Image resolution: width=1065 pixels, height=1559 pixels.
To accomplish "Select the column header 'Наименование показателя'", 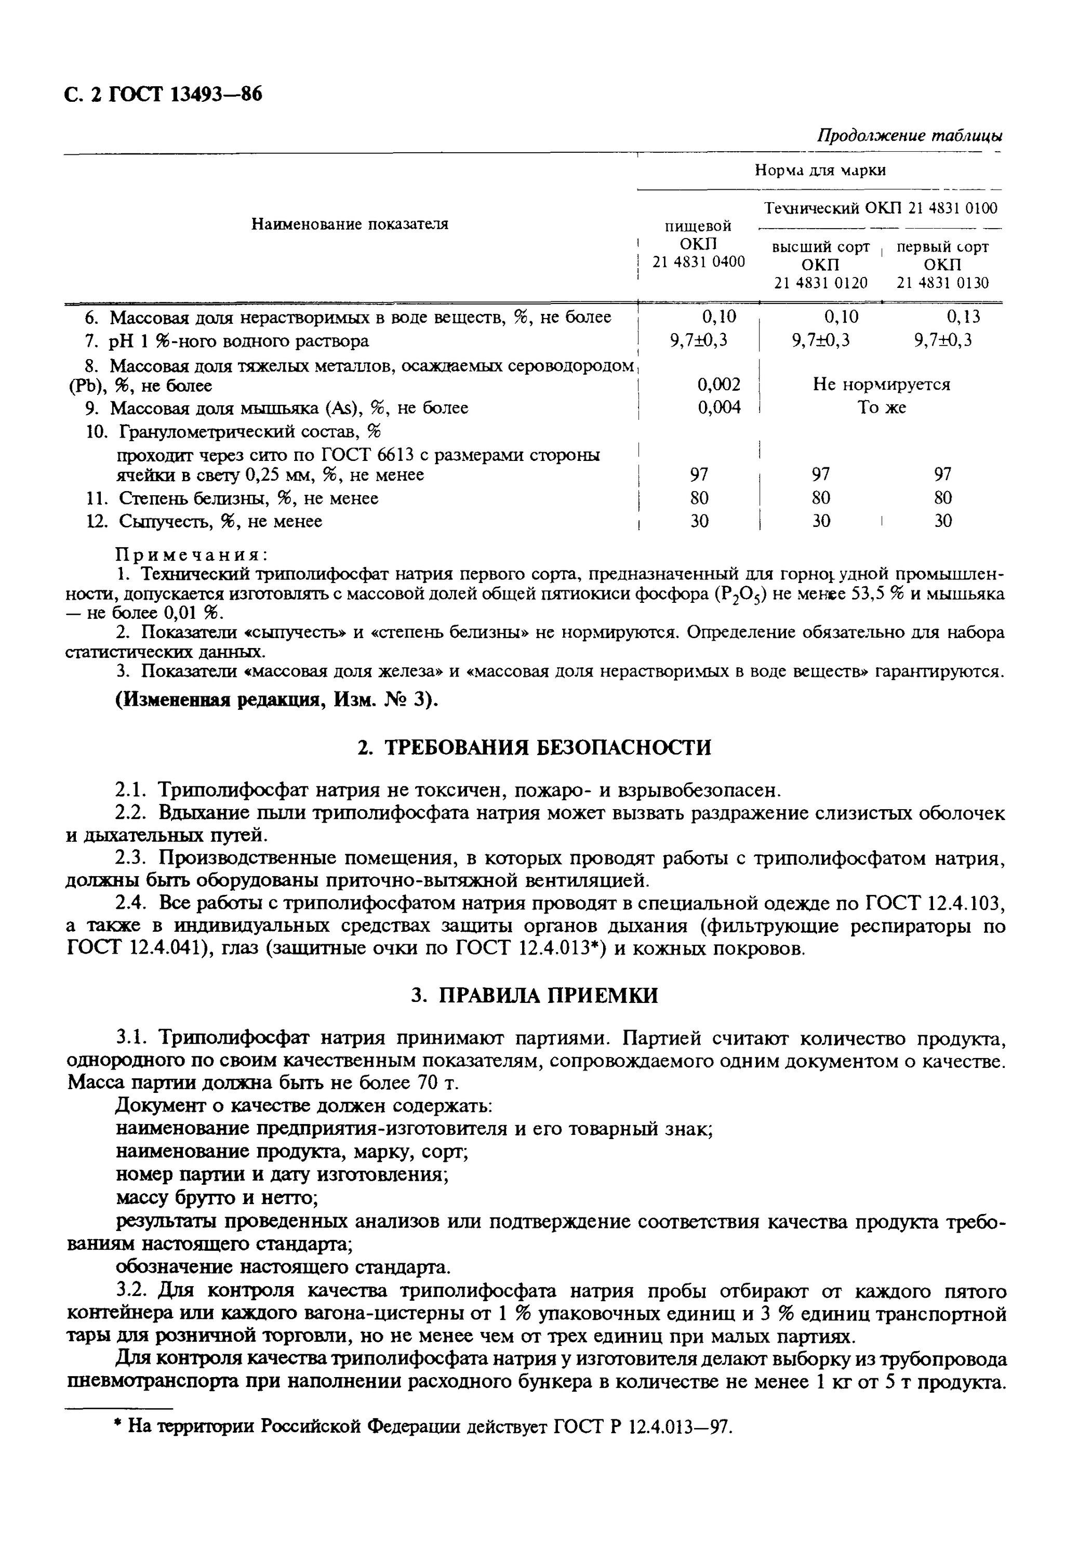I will click(350, 224).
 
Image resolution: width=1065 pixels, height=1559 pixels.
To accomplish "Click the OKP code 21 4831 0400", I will click(698, 261).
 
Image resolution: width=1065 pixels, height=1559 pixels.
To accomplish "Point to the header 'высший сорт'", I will click(820, 247).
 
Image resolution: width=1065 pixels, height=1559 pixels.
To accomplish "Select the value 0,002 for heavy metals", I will click(718, 385).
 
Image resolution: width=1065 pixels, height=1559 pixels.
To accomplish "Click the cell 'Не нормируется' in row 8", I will click(881, 385).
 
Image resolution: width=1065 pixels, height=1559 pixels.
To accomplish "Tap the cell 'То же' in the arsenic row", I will click(881, 408).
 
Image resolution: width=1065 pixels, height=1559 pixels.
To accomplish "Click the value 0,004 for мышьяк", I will click(718, 407).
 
